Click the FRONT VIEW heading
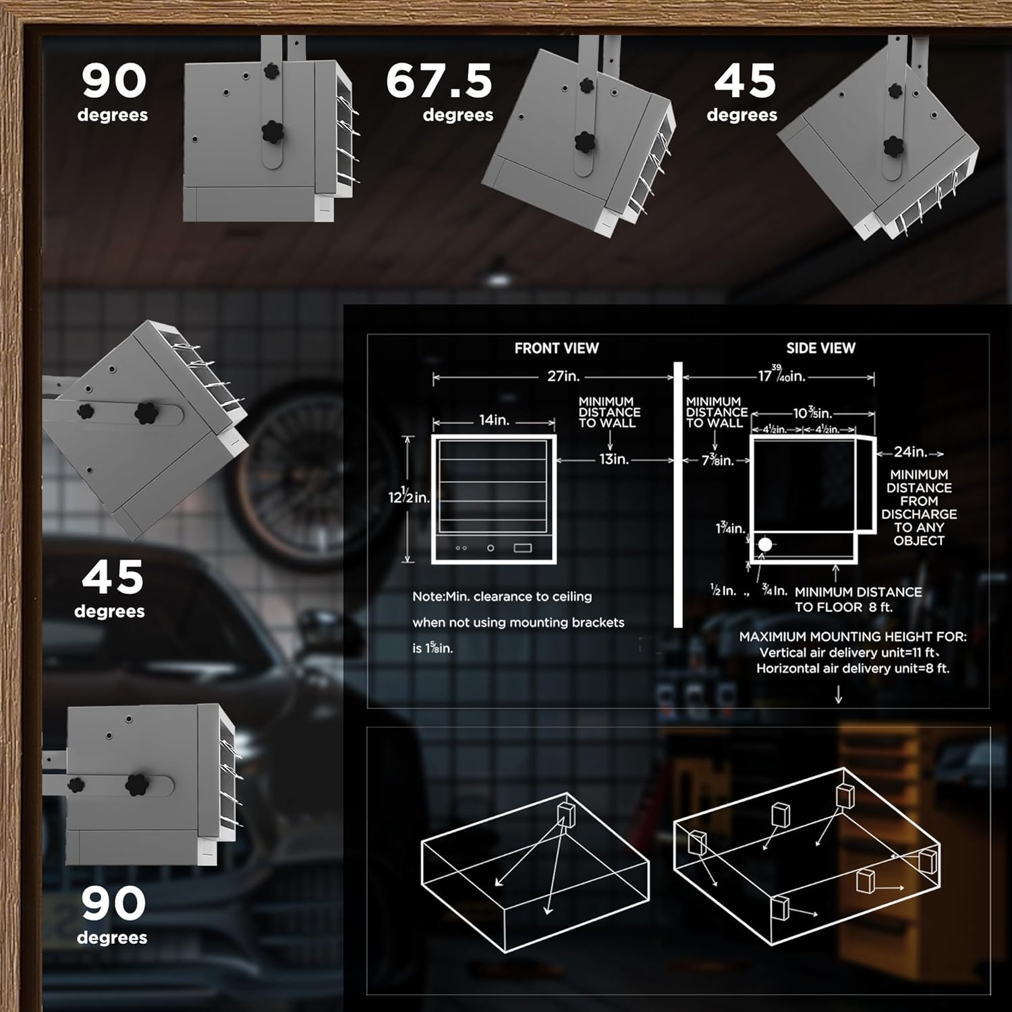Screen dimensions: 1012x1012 tap(557, 348)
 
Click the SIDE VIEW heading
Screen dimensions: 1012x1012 tap(820, 348)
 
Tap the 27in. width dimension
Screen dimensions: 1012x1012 tap(563, 376)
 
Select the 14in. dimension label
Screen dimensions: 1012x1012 tap(494, 420)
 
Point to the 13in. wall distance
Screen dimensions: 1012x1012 tap(614, 459)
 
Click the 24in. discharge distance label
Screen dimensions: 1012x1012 tap(910, 452)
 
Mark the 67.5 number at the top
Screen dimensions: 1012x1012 tap(439, 81)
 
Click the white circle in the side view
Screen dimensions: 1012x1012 tap(765, 544)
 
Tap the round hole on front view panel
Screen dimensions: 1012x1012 tap(490, 548)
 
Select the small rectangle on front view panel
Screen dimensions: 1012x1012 tap(523, 548)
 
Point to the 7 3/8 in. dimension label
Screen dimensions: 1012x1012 tap(718, 461)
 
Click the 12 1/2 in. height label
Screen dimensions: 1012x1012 tap(409, 497)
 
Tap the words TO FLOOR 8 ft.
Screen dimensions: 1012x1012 tap(843, 607)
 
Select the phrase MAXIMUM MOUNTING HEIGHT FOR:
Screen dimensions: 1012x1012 tap(853, 636)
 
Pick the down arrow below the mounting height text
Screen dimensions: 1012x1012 tap(839, 695)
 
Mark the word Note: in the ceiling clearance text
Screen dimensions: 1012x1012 tap(428, 596)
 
